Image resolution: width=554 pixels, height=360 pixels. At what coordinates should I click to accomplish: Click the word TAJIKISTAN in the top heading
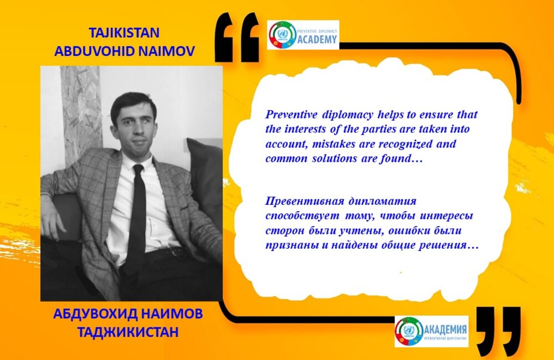[x=124, y=33]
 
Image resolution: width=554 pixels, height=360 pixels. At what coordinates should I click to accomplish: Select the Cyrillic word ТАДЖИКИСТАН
[x=128, y=332]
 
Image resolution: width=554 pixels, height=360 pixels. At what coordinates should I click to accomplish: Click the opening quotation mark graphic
[x=237, y=37]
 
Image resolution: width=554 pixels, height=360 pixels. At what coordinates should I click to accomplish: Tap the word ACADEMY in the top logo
[x=317, y=39]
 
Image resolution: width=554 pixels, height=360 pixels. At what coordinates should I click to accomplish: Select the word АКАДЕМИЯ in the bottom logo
[x=445, y=330]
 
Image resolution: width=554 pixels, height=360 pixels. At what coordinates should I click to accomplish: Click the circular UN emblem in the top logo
[x=283, y=35]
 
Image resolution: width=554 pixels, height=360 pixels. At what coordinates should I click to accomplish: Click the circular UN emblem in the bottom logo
[x=409, y=331]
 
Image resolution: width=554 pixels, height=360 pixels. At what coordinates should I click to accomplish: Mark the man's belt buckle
[x=174, y=252]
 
